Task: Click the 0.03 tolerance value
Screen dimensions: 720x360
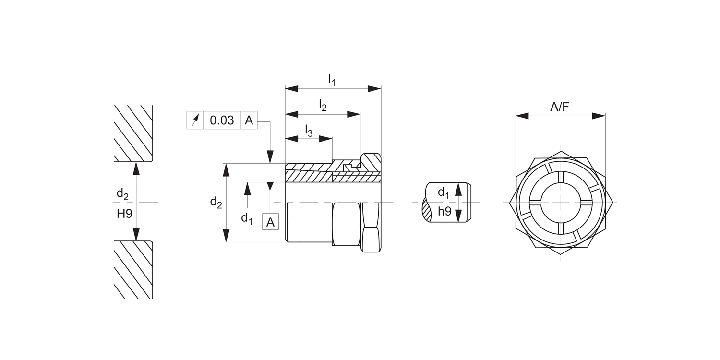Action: (x=222, y=120)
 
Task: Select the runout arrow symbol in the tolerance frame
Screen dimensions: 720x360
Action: (x=195, y=120)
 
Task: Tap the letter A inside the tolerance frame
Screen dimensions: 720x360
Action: (x=249, y=120)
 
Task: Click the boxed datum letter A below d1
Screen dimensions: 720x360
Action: (x=270, y=222)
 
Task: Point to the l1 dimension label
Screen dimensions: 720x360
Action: (x=332, y=79)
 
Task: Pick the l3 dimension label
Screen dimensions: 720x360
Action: (x=309, y=131)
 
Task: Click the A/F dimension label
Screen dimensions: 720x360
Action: (x=560, y=107)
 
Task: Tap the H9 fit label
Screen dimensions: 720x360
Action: (x=124, y=214)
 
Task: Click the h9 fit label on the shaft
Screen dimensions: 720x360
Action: (x=445, y=211)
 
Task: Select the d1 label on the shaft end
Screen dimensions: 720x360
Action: (x=444, y=192)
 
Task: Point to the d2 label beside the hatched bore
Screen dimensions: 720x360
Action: (x=122, y=194)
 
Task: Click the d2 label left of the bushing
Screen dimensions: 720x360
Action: (x=216, y=203)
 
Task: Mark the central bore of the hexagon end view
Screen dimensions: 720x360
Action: (x=561, y=203)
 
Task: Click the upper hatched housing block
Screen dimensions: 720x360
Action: (x=133, y=133)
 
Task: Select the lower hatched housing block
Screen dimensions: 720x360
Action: (x=133, y=270)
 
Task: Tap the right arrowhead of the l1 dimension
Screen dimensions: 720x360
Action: (x=374, y=89)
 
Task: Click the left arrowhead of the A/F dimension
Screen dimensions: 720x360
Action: (x=522, y=116)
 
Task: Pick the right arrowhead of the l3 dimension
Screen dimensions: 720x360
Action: (x=325, y=139)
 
